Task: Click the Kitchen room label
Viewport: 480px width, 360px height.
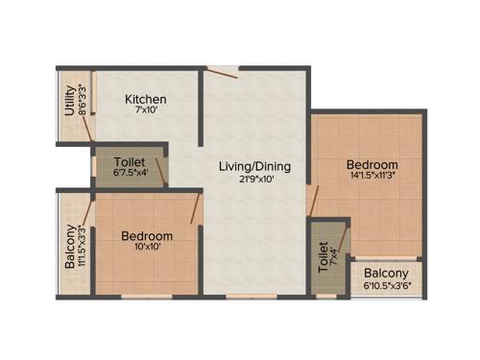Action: pos(147,99)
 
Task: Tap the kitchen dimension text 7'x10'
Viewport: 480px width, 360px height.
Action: pos(147,112)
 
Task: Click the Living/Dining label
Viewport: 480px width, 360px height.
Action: pos(253,166)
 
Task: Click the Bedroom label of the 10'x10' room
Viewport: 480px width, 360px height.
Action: pos(147,236)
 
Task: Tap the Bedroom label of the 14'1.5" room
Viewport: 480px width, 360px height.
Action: pos(372,164)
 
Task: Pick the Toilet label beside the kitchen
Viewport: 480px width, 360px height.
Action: pos(130,162)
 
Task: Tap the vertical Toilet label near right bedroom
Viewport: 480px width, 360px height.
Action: pos(323,257)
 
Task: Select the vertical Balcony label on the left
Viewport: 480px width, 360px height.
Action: pos(70,247)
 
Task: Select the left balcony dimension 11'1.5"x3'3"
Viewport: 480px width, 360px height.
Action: pos(83,248)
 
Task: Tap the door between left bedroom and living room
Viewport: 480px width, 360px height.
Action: pos(197,208)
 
